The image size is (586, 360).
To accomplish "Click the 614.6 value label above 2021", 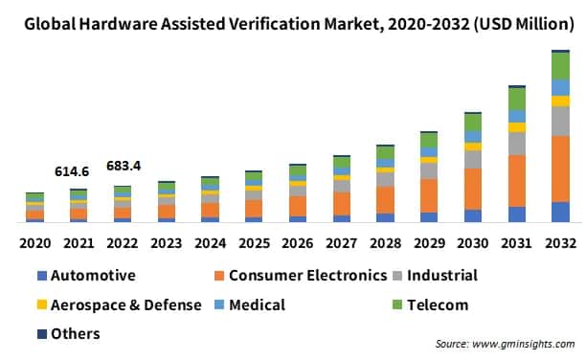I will pyautogui.click(x=72, y=171).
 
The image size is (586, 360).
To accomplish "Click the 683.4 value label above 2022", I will pyautogui.click(x=123, y=166).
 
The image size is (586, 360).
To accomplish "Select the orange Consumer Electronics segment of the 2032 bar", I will pyautogui.click(x=560, y=169).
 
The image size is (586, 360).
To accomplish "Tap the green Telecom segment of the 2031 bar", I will pyautogui.click(x=516, y=99).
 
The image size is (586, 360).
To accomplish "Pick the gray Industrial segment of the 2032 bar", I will pyautogui.click(x=560, y=121).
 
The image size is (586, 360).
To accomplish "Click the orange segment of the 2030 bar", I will pyautogui.click(x=472, y=189).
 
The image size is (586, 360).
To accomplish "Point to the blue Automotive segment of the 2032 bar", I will pyautogui.click(x=560, y=212).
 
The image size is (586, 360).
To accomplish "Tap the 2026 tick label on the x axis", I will pyautogui.click(x=298, y=243).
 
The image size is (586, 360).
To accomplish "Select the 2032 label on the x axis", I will pyautogui.click(x=561, y=243).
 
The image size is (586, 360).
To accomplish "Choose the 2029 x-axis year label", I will pyautogui.click(x=429, y=243).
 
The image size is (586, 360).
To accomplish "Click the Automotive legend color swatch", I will pyautogui.click(x=40, y=277).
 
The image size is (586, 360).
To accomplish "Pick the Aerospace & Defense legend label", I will pyautogui.click(x=125, y=305).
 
